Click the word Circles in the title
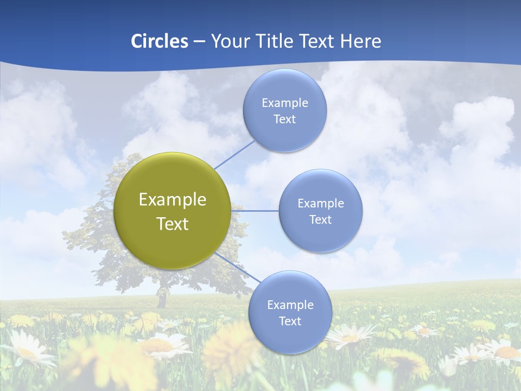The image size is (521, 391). (x=160, y=41)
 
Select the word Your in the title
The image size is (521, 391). (x=229, y=41)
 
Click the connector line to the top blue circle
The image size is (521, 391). (x=234, y=154)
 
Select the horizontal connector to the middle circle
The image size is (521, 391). (x=255, y=211)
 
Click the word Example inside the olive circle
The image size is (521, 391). (x=172, y=200)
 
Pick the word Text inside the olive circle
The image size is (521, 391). (x=172, y=224)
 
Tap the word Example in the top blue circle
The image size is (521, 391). (x=284, y=103)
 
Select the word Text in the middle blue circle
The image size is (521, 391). (x=320, y=219)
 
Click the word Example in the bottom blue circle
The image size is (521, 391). (x=290, y=305)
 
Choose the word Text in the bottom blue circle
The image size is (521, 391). (x=290, y=321)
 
